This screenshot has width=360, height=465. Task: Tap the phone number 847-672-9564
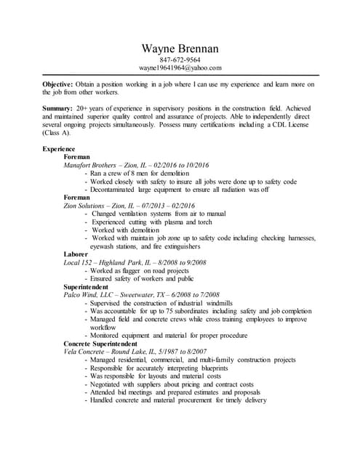point(180,60)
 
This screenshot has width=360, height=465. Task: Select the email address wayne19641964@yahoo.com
point(180,68)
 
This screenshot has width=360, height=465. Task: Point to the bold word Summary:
point(58,108)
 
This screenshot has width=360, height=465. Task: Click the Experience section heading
point(59,148)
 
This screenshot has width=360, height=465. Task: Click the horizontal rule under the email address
point(180,75)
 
